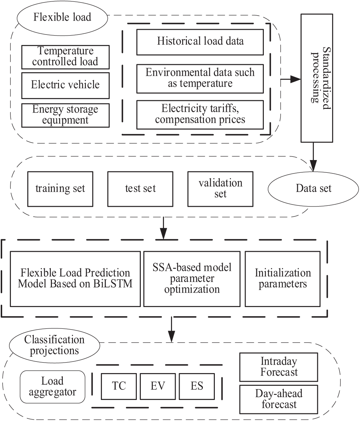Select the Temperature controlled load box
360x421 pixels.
pyautogui.click(x=65, y=57)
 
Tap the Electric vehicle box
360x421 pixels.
pyautogui.click(x=65, y=85)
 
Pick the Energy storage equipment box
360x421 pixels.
pyautogui.click(x=65, y=115)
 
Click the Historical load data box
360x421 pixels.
pyautogui.click(x=200, y=41)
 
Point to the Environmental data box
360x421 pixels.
pyautogui.click(x=200, y=78)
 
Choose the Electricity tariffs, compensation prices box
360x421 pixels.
pyautogui.click(x=200, y=114)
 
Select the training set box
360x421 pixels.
pyautogui.click(x=60, y=188)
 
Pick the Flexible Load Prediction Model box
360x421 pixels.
pyautogui.click(x=75, y=279)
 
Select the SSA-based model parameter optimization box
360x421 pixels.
pyautogui.click(x=192, y=279)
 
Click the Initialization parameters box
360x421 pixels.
pyautogui.click(x=283, y=279)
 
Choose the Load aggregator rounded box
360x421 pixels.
pyautogui.click(x=52, y=386)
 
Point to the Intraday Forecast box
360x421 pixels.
pyautogui.click(x=279, y=367)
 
